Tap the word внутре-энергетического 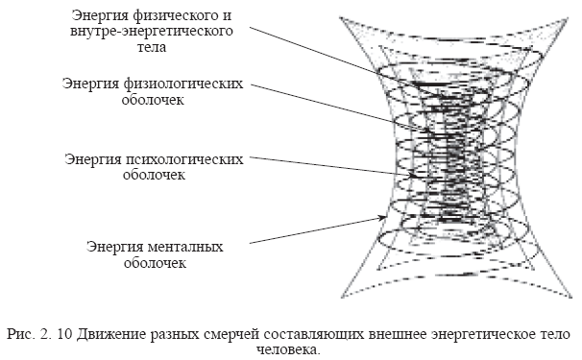tap(152, 31)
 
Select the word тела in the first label tap(152, 47)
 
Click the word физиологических tap(183, 84)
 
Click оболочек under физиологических tap(153, 100)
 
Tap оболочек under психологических tap(154, 175)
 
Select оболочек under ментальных tap(155, 263)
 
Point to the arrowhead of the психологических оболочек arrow tap(413, 175)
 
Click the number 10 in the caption tap(64, 334)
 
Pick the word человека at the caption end tap(288, 349)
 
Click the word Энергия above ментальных tap(114, 247)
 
